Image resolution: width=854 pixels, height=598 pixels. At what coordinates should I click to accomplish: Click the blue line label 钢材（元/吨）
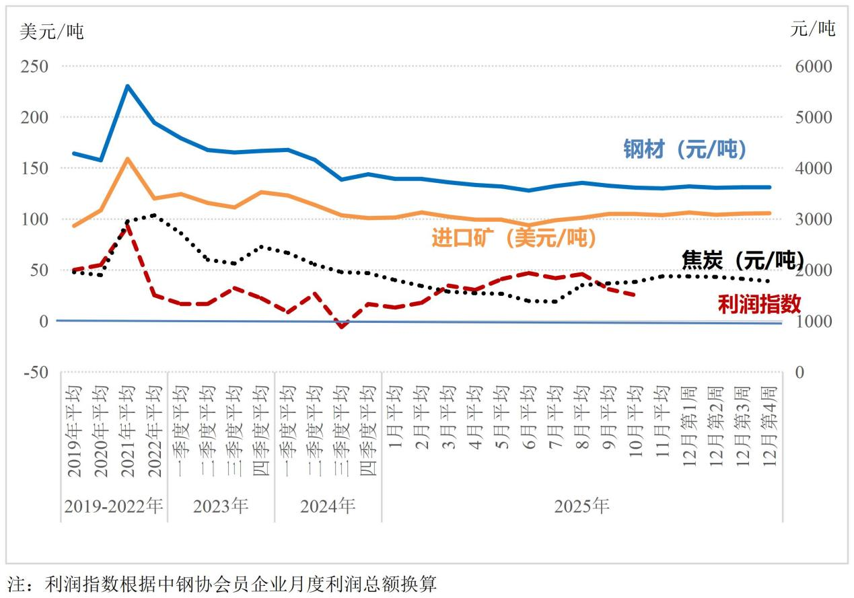pos(684,149)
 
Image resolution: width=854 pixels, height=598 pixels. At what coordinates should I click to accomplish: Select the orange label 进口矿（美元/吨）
pos(513,237)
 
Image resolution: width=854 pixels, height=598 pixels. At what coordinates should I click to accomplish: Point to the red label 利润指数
pos(759,304)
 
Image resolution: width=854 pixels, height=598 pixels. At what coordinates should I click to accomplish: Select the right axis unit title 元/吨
pos(813,28)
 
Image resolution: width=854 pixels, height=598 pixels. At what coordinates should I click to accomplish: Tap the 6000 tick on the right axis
pos(814,67)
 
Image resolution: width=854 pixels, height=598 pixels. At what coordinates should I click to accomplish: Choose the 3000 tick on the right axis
pos(814,219)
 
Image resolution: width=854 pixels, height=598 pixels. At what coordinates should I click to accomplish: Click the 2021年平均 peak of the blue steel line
pos(127,86)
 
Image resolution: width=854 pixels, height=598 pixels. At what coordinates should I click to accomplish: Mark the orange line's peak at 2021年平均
pos(127,159)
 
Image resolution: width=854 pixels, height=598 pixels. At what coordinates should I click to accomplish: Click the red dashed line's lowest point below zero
pos(341,327)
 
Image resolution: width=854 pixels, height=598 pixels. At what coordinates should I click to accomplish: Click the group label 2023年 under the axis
pos(221,506)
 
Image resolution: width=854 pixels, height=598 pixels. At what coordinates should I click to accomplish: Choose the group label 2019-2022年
pos(113,506)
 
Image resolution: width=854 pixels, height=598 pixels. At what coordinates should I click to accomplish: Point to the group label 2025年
pos(581,506)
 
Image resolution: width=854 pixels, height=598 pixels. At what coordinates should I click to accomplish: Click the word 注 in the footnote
pos(15,584)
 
